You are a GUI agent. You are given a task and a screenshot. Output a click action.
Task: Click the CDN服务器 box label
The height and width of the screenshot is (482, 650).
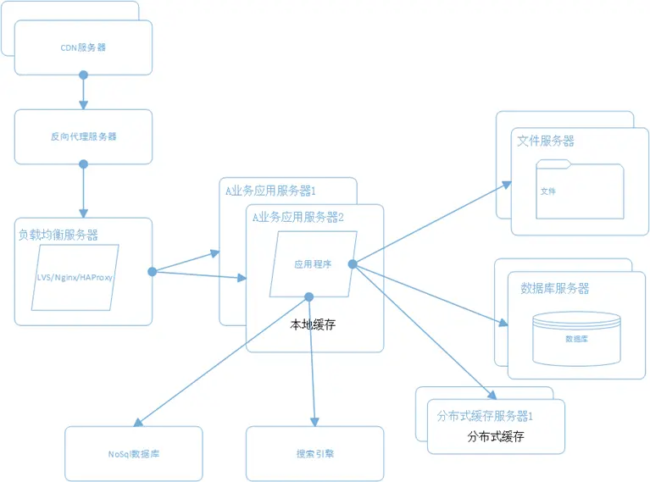(x=84, y=47)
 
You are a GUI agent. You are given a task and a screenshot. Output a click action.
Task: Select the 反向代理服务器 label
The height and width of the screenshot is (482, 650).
(x=84, y=136)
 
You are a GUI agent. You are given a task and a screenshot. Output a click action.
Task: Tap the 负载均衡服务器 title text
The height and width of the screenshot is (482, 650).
(x=58, y=235)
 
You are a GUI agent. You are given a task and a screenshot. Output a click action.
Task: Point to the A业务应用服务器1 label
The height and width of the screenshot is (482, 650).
(x=270, y=190)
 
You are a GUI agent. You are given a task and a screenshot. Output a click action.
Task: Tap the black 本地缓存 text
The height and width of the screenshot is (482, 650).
(x=313, y=324)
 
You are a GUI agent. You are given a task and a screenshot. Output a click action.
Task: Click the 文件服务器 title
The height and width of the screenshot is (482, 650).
(x=545, y=141)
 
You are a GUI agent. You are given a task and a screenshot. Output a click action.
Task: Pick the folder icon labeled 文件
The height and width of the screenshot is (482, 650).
(x=580, y=191)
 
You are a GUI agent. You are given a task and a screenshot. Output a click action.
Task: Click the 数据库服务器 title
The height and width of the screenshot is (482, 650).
(x=554, y=288)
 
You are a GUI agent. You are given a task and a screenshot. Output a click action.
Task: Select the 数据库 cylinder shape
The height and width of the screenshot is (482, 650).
(x=575, y=336)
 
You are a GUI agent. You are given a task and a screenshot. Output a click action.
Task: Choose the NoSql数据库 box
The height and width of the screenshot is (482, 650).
(x=134, y=454)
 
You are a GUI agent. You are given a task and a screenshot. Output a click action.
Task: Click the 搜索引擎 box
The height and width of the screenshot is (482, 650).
(x=314, y=454)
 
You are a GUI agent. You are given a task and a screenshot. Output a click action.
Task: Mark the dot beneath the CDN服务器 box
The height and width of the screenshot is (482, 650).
(x=83, y=75)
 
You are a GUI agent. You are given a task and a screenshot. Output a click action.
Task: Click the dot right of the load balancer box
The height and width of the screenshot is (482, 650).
(x=152, y=272)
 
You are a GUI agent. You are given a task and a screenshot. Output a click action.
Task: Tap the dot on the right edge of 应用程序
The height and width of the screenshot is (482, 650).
(x=352, y=264)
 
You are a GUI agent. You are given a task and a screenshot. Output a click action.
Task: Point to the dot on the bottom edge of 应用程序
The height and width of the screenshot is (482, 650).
(x=309, y=296)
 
